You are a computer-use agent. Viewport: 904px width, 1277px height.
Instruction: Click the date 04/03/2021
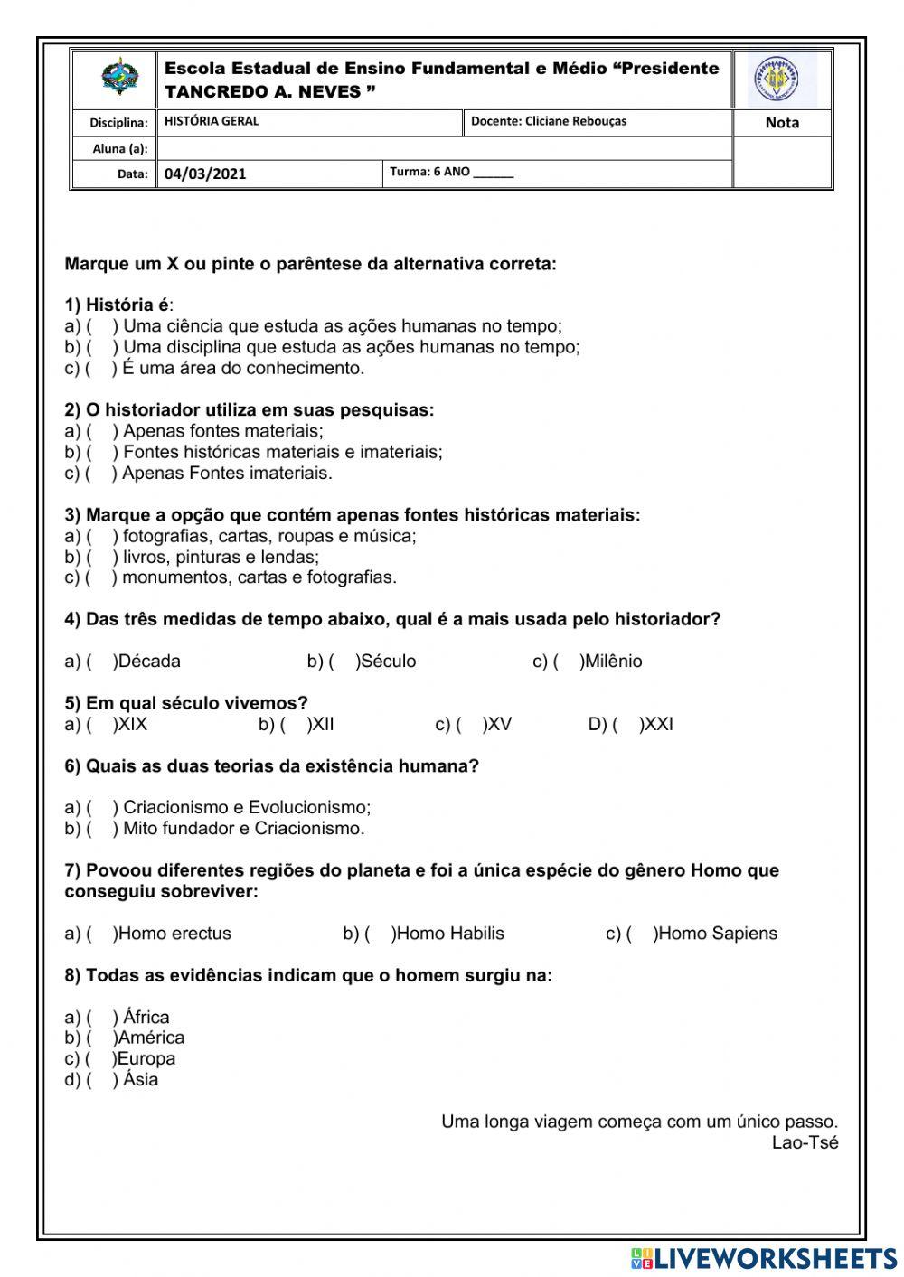click(205, 174)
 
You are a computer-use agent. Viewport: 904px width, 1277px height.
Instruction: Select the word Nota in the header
click(782, 123)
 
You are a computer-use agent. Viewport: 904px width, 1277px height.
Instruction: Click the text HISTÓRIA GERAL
click(212, 121)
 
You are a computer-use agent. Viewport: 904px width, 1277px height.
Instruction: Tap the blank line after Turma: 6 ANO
click(493, 173)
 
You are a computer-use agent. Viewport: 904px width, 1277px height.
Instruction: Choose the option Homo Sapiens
click(717, 934)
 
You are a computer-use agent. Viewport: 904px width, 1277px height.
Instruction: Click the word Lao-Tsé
click(805, 1143)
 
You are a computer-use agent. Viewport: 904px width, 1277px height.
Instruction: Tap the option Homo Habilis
click(450, 934)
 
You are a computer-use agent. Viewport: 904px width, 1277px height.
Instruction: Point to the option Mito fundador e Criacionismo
click(243, 829)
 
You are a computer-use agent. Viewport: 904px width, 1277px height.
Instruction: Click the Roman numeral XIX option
click(132, 725)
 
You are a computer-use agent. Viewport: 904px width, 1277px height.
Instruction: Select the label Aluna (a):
click(120, 149)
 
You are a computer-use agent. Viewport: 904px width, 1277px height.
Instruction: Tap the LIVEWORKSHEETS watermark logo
click(764, 1258)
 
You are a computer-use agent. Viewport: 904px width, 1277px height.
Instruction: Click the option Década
click(149, 662)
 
